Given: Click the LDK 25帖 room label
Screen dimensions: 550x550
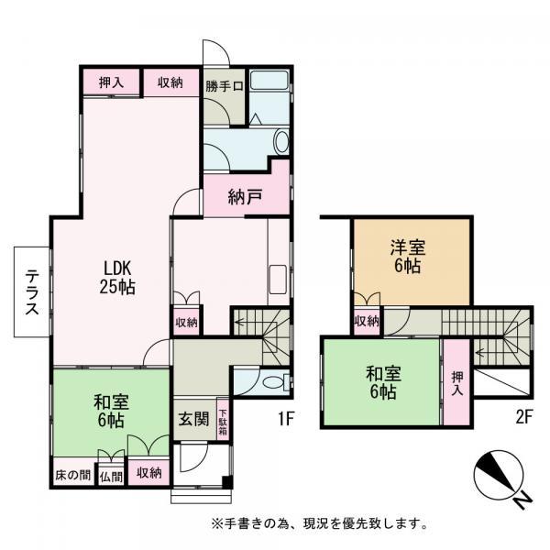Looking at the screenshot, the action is [x=117, y=277].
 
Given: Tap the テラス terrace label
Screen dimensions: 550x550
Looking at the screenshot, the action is [x=32, y=291].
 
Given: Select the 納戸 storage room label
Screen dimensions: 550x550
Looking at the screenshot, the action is [x=245, y=197].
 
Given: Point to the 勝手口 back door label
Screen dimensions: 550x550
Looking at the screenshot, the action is [x=225, y=86].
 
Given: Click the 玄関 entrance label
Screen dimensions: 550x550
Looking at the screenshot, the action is [x=193, y=419].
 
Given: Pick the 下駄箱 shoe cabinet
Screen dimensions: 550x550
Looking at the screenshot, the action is [x=223, y=419].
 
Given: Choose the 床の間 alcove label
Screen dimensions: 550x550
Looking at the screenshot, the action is [x=73, y=475].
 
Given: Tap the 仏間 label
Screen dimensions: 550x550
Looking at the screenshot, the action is [x=111, y=477].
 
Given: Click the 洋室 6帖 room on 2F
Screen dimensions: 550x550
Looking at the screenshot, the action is [x=408, y=257].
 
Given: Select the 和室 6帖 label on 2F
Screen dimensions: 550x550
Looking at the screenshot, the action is [x=383, y=382].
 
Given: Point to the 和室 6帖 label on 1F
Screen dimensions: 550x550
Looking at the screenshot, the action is [x=111, y=411].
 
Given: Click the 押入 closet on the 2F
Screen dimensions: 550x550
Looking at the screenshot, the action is [x=456, y=382].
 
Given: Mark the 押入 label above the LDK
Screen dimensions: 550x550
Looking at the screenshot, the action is [x=111, y=82].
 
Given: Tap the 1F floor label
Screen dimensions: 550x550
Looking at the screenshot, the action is [x=285, y=419].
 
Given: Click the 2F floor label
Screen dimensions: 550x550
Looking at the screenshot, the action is [x=524, y=418].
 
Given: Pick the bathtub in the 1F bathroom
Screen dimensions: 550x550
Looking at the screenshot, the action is [x=269, y=81].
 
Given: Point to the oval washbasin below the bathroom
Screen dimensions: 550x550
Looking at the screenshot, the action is [x=281, y=142].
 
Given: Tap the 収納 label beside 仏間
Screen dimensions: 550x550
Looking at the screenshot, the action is [x=149, y=473].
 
